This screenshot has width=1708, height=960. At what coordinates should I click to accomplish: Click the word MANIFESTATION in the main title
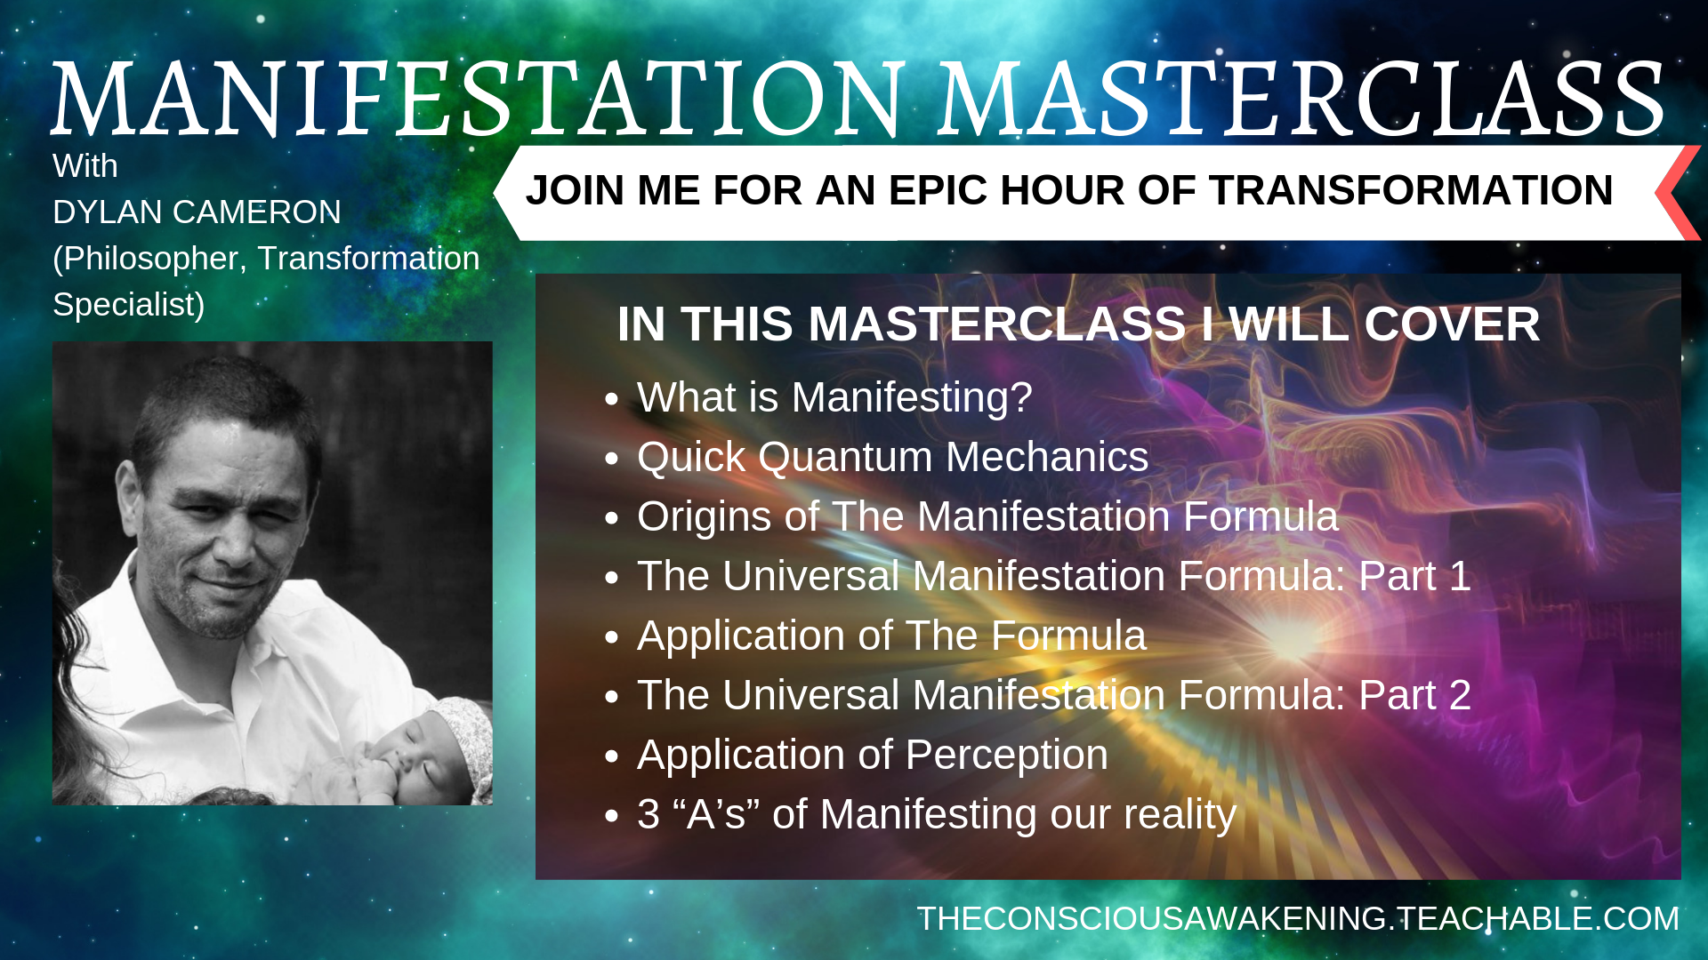479,99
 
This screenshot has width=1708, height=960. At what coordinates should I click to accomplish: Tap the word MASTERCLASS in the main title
1301,99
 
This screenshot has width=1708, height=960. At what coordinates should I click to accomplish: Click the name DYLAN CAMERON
197,212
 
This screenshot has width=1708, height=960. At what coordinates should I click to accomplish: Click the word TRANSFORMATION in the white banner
1411,190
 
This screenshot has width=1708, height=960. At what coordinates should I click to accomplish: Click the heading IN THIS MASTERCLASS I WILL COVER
1078,324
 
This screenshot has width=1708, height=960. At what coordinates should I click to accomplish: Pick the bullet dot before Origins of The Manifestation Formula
611,518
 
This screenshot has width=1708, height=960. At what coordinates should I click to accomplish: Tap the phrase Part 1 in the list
1414,576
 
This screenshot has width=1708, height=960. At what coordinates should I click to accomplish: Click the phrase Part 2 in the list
1414,695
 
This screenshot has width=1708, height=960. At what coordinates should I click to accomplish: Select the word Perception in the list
1007,756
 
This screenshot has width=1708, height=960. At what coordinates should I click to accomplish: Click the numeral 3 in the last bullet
649,814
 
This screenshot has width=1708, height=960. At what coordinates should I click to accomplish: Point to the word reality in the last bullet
1180,815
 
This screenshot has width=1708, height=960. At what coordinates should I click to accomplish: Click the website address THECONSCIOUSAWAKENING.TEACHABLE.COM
1298,919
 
